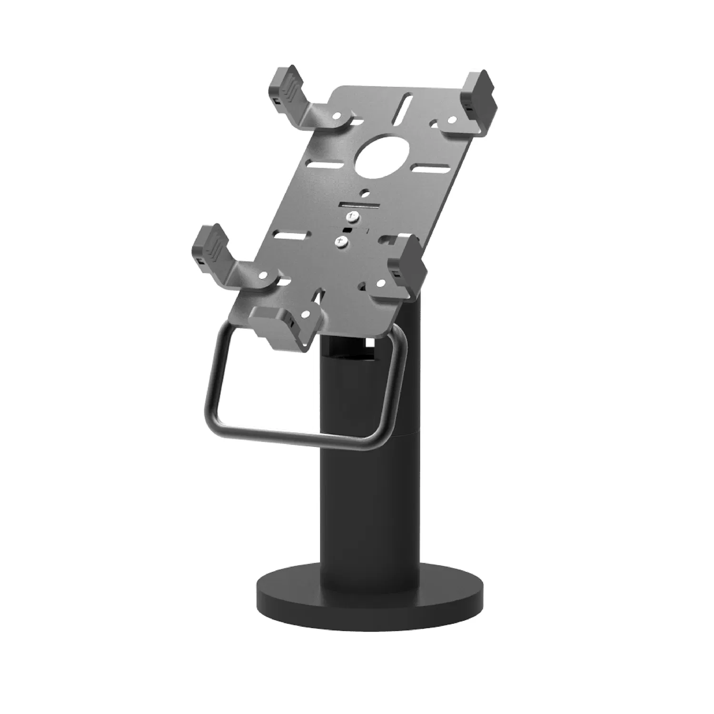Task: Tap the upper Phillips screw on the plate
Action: pos(352,218)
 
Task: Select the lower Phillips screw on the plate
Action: pos(342,242)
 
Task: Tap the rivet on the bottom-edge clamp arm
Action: pos(305,314)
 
